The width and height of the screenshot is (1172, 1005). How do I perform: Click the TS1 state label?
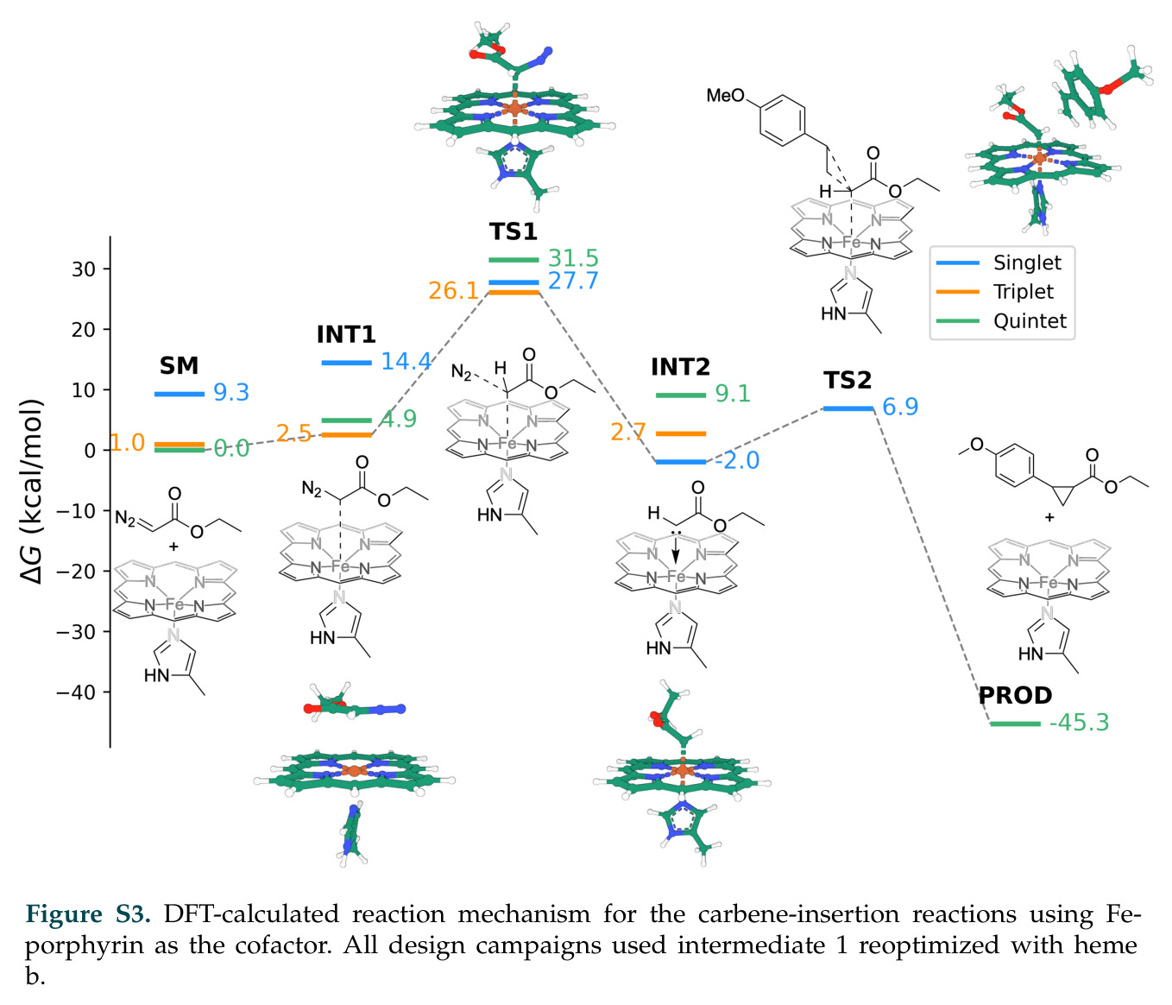point(513,231)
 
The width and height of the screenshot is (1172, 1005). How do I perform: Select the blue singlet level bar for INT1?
point(346,363)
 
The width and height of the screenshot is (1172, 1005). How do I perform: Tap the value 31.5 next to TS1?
point(573,258)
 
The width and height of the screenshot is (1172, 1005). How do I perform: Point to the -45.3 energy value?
point(1079,723)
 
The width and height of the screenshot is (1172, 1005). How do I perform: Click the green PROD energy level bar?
point(1015,724)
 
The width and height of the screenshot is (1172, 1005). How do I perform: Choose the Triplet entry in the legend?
point(1023,292)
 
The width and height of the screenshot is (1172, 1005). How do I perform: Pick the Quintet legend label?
point(1030,321)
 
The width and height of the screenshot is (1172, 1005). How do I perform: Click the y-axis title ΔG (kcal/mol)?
point(32,491)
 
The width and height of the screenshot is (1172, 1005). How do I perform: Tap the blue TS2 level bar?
point(847,408)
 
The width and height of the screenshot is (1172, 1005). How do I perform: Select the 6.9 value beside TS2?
point(900,407)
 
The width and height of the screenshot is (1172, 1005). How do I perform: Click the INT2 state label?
point(680,367)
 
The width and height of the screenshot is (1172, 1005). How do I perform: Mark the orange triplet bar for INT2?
point(680,434)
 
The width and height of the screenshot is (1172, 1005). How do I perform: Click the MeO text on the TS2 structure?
point(725,95)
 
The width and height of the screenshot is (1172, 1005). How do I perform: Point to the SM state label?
point(180,366)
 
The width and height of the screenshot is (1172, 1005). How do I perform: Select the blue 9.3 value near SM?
point(230,393)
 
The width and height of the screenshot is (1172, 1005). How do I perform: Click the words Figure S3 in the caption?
point(88,914)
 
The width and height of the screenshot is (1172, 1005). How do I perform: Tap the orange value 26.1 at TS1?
point(454,291)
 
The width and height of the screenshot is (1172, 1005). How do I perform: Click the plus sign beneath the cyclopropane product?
point(1049,517)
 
